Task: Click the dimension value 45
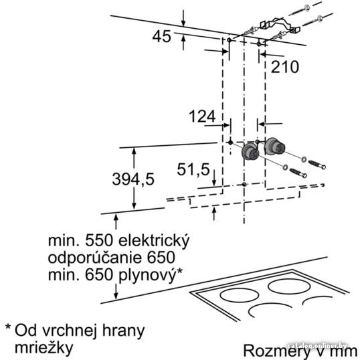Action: point(162,36)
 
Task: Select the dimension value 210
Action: point(284,67)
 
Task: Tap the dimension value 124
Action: point(202,116)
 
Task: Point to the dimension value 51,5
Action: point(193,169)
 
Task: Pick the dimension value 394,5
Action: point(133,179)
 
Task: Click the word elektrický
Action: point(153,242)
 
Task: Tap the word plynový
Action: point(147,275)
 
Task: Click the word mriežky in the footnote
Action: point(44,348)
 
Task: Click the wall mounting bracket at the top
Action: point(279,25)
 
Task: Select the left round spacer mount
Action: point(251,151)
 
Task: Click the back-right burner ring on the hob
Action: point(289,286)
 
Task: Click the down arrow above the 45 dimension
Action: point(183,19)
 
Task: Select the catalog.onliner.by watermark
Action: point(318,346)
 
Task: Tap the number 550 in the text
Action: point(99,242)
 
